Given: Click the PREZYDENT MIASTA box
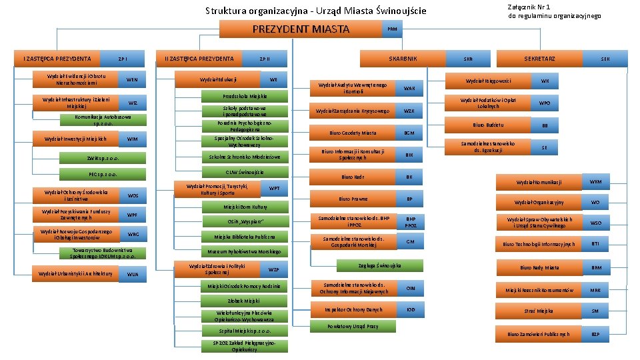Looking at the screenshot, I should click(x=300, y=29).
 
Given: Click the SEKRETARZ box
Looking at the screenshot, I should click(x=539, y=59).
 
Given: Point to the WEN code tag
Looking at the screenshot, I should click(x=132, y=79).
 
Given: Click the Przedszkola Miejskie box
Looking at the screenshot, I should click(x=245, y=96).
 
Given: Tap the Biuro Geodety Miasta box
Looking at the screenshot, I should click(x=353, y=133).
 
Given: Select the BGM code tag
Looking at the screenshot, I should click(x=409, y=133).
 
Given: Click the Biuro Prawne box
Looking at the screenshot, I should click(x=353, y=199).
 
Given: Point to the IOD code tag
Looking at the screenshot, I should click(x=410, y=309).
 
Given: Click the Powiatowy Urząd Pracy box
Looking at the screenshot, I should click(x=353, y=326).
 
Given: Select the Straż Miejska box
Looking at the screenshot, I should click(x=539, y=311).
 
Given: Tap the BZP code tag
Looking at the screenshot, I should click(x=595, y=333).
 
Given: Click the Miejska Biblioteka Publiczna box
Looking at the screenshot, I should click(x=245, y=237).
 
